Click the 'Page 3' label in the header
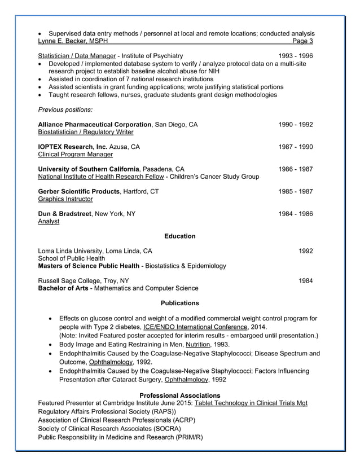coord(303,41)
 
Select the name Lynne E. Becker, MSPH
coord(73,41)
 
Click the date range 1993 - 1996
coord(295,56)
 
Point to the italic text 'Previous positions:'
coord(65,109)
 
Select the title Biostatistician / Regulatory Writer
coord(85,132)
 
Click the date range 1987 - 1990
coord(295,147)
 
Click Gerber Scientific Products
coord(78,191)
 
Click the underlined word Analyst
coord(49,222)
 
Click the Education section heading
coord(179,236)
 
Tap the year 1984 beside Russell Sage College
coord(305,280)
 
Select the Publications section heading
coord(179,303)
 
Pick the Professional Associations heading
coord(179,395)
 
